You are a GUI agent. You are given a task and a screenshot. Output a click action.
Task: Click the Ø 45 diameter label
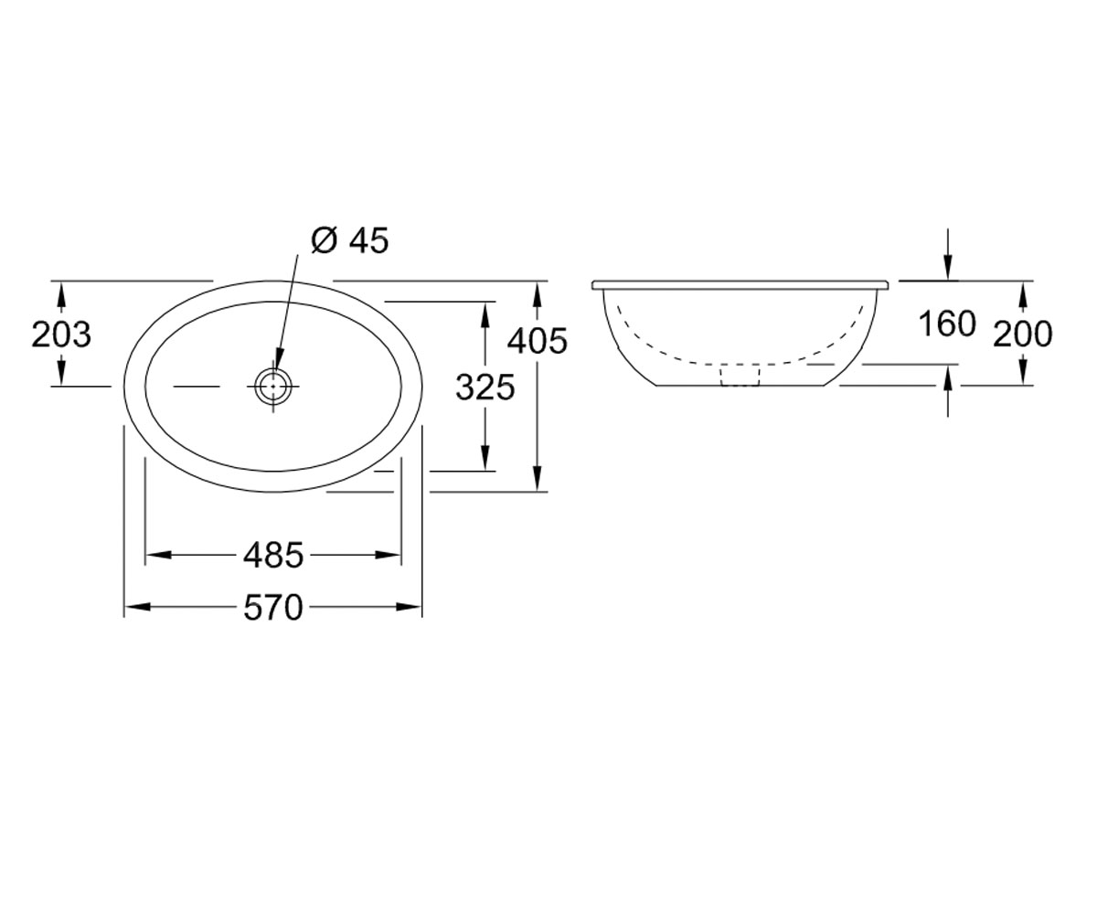pos(350,241)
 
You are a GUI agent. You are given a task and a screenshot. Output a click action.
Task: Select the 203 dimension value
pos(61,335)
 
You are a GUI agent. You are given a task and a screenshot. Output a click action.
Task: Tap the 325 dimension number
pos(485,388)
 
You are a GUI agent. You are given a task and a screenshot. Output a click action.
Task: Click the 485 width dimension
pos(273,555)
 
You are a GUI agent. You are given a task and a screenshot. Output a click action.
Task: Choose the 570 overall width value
pos(273,607)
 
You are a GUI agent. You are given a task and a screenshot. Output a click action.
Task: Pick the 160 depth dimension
pos(947,324)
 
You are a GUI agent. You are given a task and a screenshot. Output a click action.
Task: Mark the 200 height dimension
pos(1022,335)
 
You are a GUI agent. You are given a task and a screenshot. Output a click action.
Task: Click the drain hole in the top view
pos(273,386)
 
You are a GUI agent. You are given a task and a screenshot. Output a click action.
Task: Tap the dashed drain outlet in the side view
pos(740,375)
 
